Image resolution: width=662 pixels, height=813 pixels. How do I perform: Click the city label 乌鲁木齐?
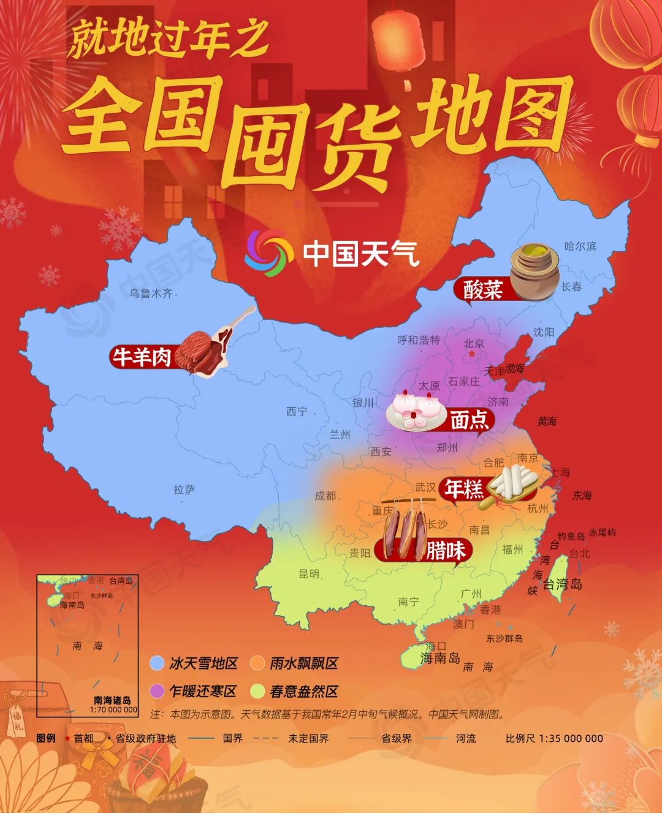point(151,294)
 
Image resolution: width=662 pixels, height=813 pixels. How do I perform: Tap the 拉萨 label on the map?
point(184,489)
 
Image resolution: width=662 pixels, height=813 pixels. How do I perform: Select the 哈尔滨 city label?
point(580,246)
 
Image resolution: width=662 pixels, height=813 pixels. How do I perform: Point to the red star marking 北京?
point(471,354)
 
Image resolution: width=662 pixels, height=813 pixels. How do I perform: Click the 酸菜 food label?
point(482,289)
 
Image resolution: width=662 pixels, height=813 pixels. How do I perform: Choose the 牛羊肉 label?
point(140,357)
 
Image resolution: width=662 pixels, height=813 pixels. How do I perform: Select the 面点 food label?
point(470,419)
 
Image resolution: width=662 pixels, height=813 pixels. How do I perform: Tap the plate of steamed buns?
point(417,410)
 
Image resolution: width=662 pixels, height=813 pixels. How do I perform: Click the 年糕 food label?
point(464,489)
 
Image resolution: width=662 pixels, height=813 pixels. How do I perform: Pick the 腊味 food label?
point(446,550)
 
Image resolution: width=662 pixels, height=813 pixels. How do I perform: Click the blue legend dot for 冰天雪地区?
point(158,663)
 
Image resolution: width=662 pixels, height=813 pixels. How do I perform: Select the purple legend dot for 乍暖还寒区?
point(158,691)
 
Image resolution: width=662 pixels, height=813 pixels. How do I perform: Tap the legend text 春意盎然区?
point(304,691)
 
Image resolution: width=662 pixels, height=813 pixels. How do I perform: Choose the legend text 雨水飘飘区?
point(304,663)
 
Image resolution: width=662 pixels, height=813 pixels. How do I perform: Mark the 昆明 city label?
point(309,574)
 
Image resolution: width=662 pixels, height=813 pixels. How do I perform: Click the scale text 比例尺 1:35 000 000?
point(554,738)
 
